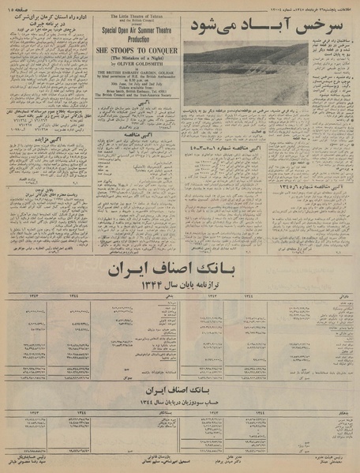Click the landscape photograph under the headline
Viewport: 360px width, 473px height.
click(x=246, y=73)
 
